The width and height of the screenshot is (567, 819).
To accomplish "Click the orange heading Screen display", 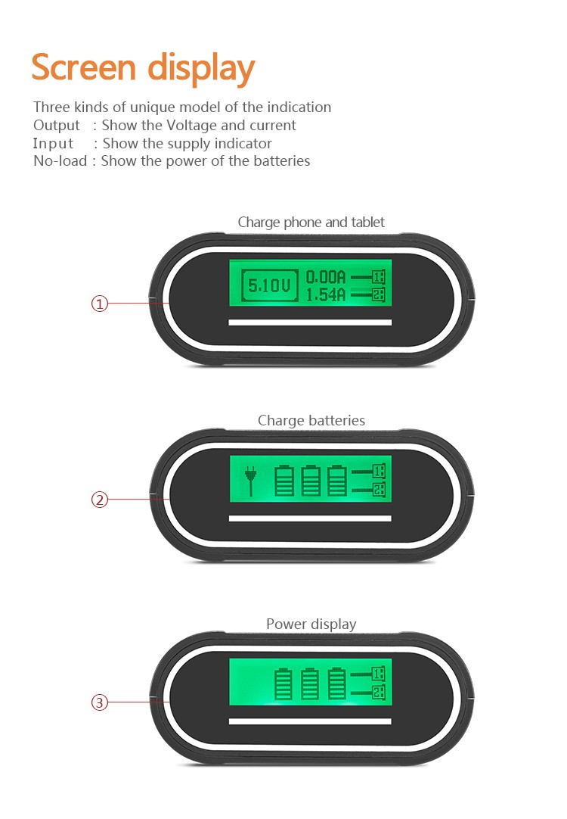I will click(143, 68).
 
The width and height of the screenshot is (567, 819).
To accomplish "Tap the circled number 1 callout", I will click(100, 304).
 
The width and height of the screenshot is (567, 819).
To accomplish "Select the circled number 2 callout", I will click(100, 500).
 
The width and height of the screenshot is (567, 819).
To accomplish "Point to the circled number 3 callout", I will click(100, 702).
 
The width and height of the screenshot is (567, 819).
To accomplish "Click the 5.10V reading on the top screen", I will click(270, 285).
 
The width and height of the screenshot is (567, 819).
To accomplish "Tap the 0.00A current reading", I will click(326, 277).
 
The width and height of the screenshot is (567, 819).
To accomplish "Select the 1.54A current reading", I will click(326, 294).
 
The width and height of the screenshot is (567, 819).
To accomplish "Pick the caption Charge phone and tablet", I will click(311, 222).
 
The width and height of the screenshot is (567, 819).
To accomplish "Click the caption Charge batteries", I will click(311, 420).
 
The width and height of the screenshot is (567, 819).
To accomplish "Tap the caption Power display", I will click(311, 624).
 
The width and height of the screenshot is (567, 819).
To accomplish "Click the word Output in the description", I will click(57, 125).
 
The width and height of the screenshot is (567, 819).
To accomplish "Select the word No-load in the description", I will click(60, 160).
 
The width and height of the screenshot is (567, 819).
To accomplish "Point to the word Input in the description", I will click(54, 143).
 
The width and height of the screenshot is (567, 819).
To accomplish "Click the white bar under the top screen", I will click(310, 322).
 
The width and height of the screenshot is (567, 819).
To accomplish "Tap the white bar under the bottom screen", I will click(310, 721).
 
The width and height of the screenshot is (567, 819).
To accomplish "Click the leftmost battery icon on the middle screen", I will click(284, 481).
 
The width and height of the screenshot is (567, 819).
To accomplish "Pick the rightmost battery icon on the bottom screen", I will click(337, 683).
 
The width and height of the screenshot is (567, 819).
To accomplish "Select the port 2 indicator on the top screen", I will click(379, 294).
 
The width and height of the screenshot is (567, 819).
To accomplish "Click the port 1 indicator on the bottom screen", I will click(379, 673).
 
